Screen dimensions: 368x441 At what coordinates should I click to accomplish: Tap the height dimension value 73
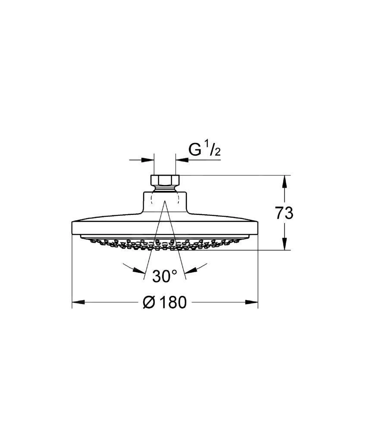tap(284, 213)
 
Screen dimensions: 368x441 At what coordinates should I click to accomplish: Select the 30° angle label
tap(165, 276)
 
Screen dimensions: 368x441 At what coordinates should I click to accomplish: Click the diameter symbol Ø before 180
tap(149, 302)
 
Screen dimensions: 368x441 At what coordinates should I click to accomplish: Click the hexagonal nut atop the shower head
tap(164, 180)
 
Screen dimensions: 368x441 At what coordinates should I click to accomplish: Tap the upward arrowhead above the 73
tap(285, 181)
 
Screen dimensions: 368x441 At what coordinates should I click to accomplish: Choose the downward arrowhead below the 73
tap(285, 244)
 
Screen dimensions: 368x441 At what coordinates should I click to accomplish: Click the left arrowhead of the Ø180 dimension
tap(79, 302)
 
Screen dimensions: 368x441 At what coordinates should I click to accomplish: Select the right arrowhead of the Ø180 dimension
tap(252, 302)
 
